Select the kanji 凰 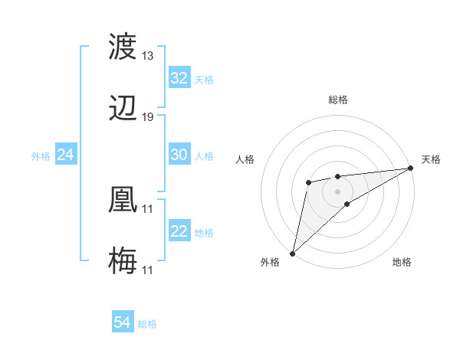(123, 199)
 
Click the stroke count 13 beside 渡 (148, 56)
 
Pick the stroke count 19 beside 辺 (148, 116)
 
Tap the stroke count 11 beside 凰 (148, 208)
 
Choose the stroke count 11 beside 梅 (148, 270)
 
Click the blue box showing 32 (179, 78)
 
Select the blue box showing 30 (179, 155)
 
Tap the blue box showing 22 (179, 232)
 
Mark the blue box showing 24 (66, 155)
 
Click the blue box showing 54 (123, 323)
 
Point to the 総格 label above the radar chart (338, 100)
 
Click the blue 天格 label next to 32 (204, 79)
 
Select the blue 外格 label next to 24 (41, 155)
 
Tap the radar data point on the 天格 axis (412, 169)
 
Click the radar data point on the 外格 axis (292, 253)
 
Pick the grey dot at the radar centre (337, 190)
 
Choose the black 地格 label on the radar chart (402, 262)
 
